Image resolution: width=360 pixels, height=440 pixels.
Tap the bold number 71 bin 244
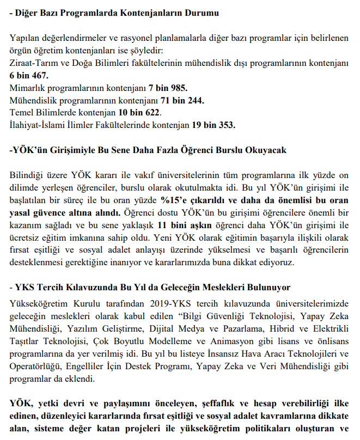pyautogui.click(x=182, y=101)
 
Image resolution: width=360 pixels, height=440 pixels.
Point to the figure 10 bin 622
pyautogui.click(x=139, y=113)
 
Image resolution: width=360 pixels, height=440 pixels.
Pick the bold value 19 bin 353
pyautogui.click(x=213, y=126)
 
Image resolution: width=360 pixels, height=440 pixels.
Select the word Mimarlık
pyautogui.click(x=28, y=88)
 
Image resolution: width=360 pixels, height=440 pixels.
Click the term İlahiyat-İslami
pyautogui.click(x=41, y=126)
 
